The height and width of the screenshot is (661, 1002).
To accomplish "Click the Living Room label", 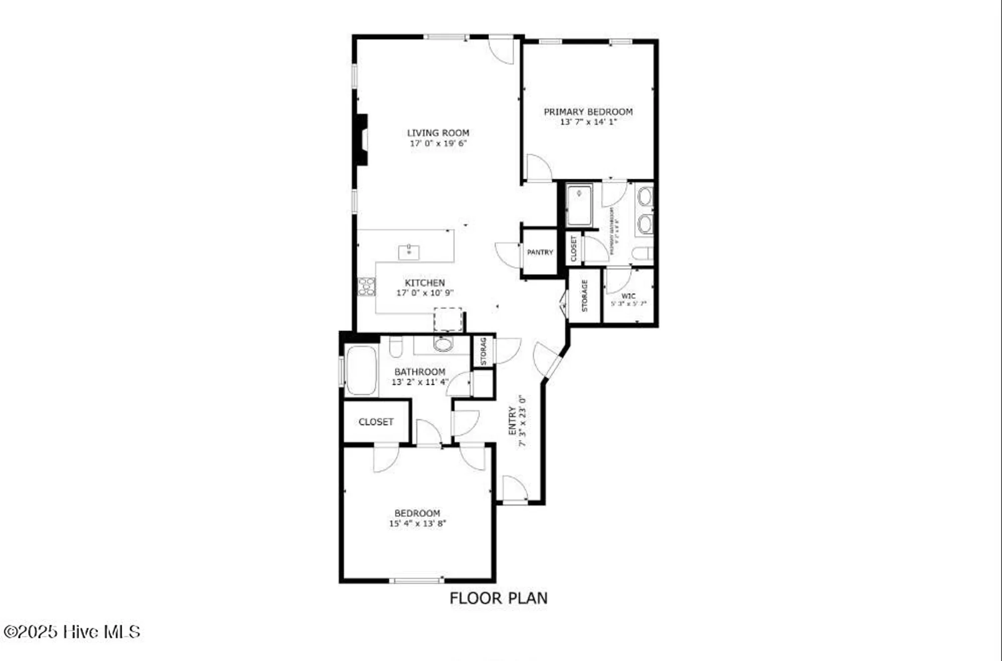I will coord(438,133).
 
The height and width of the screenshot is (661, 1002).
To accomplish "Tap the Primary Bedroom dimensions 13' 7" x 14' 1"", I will coord(588,122).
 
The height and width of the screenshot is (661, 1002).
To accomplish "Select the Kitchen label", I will coord(425,283).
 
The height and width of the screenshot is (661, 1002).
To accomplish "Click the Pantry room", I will coord(540,252).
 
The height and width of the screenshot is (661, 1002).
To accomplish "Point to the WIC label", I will coord(628,296).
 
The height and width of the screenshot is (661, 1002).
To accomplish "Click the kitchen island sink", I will coord(409,252).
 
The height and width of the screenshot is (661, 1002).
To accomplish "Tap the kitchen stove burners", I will coord(366,287).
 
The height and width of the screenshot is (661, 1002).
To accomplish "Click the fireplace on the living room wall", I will coord(361,140).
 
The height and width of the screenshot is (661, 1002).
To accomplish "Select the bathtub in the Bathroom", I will coord(361,370).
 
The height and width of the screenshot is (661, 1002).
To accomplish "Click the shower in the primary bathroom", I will coord(579,205).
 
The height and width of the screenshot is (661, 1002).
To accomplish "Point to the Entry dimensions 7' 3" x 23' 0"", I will coord(523,421).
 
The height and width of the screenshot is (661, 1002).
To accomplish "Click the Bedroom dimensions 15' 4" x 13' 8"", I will coord(417,524).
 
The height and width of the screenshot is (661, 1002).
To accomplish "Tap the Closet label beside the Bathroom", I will coord(376,422).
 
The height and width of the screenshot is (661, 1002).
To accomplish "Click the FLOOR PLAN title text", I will coord(498,598).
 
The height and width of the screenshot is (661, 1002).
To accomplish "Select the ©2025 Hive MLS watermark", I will coord(72,632).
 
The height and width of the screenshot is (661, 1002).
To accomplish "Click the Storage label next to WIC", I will coord(585,296).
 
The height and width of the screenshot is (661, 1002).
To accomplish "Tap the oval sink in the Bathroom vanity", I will coord(443,345).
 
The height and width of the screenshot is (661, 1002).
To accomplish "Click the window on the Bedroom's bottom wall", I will coord(416,580).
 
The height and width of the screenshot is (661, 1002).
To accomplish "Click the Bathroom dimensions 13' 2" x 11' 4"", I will coord(419,382).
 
